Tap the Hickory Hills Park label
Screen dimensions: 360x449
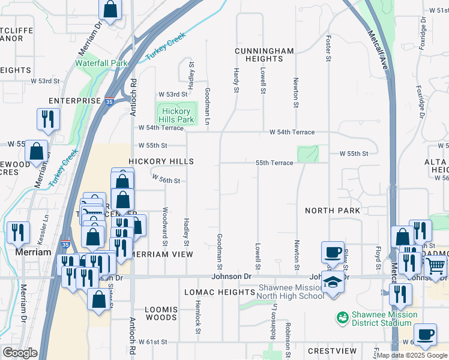point(176,115)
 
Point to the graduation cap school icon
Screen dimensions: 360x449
point(332,281)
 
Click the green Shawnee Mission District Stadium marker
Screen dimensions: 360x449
point(343,316)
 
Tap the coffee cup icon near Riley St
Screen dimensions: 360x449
point(332,252)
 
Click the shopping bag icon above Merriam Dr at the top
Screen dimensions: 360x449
point(110,9)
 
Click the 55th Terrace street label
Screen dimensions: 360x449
point(274,163)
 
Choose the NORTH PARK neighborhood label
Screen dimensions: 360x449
point(333,211)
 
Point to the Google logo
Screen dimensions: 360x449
point(20,352)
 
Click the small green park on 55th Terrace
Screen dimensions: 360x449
point(307,154)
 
